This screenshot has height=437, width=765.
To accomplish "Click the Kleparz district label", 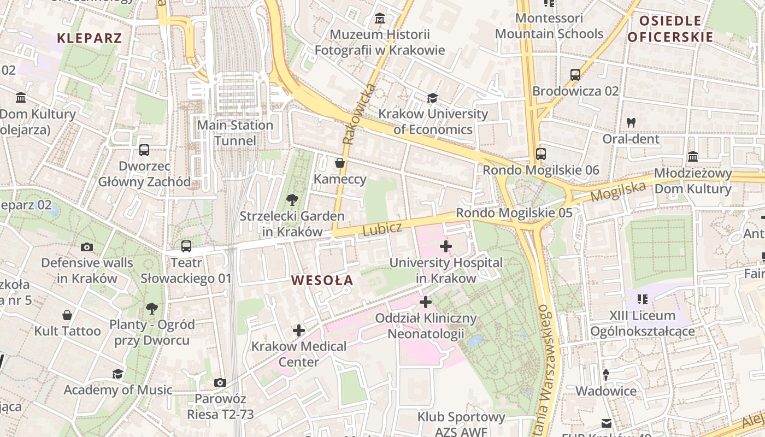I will pyautogui.click(x=89, y=38).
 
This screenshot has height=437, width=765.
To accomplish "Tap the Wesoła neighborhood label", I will pyautogui.click(x=322, y=281).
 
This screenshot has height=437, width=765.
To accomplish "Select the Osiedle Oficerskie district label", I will pyautogui.click(x=670, y=29).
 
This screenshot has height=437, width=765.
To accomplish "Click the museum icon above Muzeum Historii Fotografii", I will pyautogui.click(x=380, y=19).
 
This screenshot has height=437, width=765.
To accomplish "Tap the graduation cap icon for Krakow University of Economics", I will pyautogui.click(x=432, y=98).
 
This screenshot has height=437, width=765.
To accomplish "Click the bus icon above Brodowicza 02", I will pyautogui.click(x=575, y=75).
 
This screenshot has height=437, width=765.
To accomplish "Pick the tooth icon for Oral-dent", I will pyautogui.click(x=631, y=123).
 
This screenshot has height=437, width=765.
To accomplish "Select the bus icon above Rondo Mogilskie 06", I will pyautogui.click(x=541, y=154).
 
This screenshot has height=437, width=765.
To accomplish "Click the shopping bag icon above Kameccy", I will pyautogui.click(x=340, y=163).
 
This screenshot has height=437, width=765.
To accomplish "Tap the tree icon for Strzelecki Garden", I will pyautogui.click(x=292, y=200).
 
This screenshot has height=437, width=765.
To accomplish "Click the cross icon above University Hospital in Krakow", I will pyautogui.click(x=446, y=246).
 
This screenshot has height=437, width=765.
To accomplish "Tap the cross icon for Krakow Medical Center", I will pyautogui.click(x=298, y=330).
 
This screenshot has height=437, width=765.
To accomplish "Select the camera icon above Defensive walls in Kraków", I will pyautogui.click(x=87, y=247).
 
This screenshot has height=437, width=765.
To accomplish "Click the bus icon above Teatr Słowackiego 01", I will pyautogui.click(x=186, y=246).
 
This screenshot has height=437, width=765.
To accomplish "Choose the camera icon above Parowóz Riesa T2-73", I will pyautogui.click(x=220, y=382).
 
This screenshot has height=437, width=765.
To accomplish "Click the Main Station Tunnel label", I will pyautogui.click(x=235, y=133).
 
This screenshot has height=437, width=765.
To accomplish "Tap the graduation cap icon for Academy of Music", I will pyautogui.click(x=117, y=374).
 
